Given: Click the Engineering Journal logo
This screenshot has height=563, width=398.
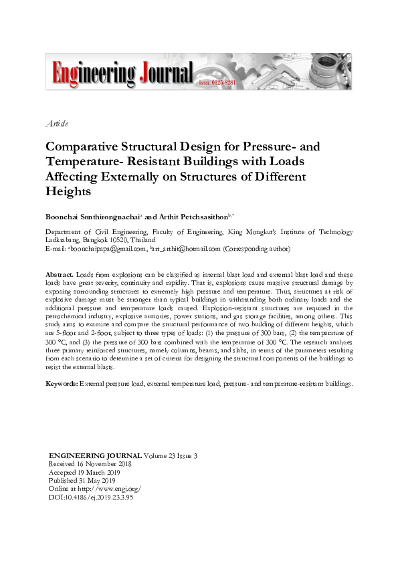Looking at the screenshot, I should pyautogui.click(x=120, y=73).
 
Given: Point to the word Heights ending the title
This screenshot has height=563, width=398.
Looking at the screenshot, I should pyautogui.click(x=68, y=191).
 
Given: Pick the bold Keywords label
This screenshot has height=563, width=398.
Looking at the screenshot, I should pyautogui.click(x=62, y=384).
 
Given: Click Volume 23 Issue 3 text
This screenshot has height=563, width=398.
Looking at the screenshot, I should pyautogui.click(x=170, y=456).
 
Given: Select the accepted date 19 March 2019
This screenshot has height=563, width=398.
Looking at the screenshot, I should pyautogui.click(x=101, y=472).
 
